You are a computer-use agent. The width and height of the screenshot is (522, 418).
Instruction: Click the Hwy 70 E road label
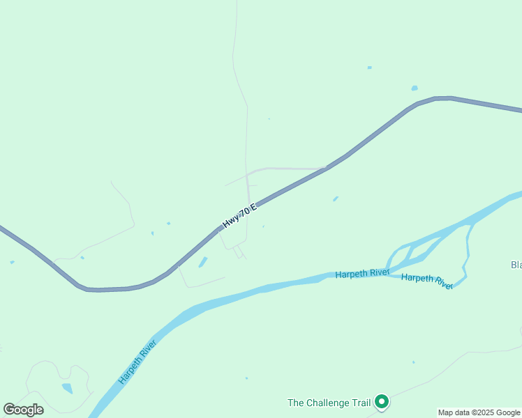point(239,216)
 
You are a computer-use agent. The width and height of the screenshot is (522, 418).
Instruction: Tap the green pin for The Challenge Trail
point(381,401)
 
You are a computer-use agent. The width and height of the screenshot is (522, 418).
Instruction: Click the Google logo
point(23,410)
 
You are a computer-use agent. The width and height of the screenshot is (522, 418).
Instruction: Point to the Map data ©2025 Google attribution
point(479,412)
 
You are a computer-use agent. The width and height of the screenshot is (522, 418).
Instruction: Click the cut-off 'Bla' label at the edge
point(516,265)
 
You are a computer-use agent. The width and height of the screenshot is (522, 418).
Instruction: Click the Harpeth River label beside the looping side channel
point(427,281)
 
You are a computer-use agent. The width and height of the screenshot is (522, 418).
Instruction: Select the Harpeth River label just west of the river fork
point(362,274)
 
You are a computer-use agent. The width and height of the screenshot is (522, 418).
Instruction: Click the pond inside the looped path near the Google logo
point(67,388)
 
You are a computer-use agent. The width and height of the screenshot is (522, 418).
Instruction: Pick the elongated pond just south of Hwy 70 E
point(203,262)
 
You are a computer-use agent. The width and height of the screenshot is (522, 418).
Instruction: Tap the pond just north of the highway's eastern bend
point(415,88)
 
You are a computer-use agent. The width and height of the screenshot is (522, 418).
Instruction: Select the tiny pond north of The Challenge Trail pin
point(413,362)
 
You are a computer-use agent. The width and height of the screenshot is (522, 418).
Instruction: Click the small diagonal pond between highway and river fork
point(336,199)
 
